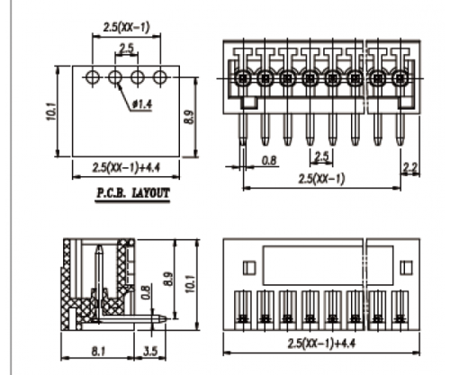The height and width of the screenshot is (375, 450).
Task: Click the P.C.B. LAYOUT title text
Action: tap(132, 193)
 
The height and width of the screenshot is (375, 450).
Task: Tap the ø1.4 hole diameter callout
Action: tap(142, 104)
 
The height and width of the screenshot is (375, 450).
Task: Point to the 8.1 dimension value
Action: tap(98, 351)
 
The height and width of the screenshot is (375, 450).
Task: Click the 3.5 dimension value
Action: tap(150, 351)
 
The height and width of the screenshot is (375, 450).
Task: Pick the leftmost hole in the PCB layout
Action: tap(93, 77)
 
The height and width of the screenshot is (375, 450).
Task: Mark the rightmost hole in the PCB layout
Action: tap(160, 77)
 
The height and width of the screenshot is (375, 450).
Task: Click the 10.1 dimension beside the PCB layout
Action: tap(51, 112)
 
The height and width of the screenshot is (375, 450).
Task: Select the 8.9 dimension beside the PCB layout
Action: tap(189, 117)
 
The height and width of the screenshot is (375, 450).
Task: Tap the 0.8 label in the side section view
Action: tap(145, 292)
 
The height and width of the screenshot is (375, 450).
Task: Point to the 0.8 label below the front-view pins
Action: tap(269, 160)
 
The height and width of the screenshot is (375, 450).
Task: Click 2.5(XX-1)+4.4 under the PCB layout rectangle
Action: tap(126, 167)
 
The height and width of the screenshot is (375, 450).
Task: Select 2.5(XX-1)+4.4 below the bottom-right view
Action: tap(321, 344)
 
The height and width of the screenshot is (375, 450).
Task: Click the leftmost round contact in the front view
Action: tap(242, 78)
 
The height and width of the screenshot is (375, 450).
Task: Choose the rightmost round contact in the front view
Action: tap(400, 78)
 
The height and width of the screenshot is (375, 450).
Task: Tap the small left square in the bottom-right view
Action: tap(249, 268)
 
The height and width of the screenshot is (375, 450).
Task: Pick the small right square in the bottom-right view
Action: tap(406, 268)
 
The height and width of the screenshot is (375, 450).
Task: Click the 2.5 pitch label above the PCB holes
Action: tap(127, 48)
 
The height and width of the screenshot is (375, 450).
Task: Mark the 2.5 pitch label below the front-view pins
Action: tap(321, 156)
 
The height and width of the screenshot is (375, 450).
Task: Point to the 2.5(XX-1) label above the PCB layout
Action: tap(126, 28)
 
